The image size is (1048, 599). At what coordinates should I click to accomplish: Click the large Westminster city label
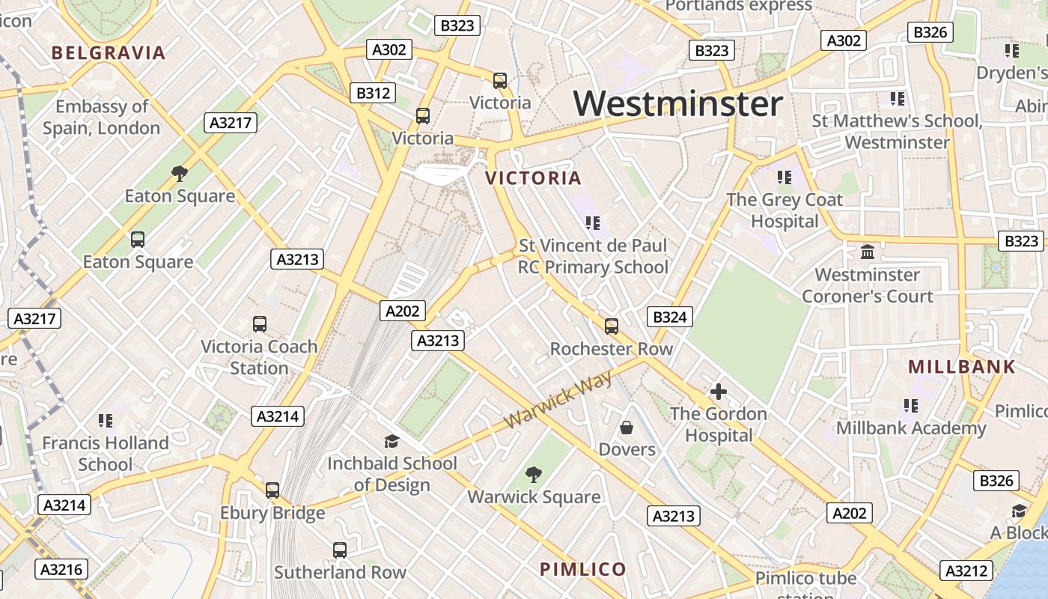[x=678, y=103]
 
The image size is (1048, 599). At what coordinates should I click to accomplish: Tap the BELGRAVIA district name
[x=109, y=53]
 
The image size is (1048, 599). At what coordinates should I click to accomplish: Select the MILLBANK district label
[x=962, y=367]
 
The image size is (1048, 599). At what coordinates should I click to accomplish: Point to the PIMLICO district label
[x=583, y=569]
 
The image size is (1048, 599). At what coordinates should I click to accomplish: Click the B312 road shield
[x=373, y=93]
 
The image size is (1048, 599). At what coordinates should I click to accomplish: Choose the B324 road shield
[x=669, y=317]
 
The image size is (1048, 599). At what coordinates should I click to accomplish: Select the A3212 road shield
[x=966, y=571]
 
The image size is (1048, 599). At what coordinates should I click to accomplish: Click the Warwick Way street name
[x=558, y=400]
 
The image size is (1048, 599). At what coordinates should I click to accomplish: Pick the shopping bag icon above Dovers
[x=627, y=428]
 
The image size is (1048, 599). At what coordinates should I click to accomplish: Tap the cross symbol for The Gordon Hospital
[x=718, y=392]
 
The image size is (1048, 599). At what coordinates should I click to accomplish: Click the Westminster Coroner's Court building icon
[x=868, y=252]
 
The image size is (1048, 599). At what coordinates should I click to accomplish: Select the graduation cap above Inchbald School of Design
[x=392, y=441]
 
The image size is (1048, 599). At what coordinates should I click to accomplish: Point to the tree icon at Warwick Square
[x=534, y=474]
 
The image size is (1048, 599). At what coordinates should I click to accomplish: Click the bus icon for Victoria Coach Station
[x=260, y=324]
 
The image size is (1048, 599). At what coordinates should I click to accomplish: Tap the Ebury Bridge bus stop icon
[x=272, y=490]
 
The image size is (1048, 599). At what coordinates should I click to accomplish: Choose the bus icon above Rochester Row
[x=612, y=326]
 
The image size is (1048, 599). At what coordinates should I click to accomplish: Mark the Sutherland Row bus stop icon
[x=340, y=550]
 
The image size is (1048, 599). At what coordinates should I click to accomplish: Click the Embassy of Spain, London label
[x=102, y=117]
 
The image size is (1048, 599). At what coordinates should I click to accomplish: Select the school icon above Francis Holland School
[x=106, y=421]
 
